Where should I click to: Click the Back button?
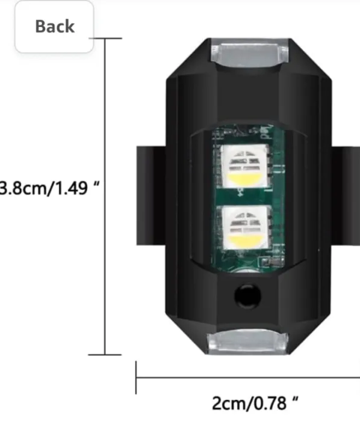pyautogui.click(x=54, y=26)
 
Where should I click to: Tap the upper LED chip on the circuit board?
pyautogui.click(x=244, y=166)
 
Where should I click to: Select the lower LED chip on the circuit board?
pyautogui.click(x=244, y=227)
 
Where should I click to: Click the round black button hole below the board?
pyautogui.click(x=247, y=295)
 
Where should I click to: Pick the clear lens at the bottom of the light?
pyautogui.click(x=248, y=342)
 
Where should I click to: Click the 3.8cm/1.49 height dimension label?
pyautogui.click(x=49, y=188)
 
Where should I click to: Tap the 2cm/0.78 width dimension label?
pyautogui.click(x=255, y=403)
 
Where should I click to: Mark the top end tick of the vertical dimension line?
pyautogui.click(x=105, y=38)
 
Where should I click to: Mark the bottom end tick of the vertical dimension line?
pyautogui.click(x=105, y=355)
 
